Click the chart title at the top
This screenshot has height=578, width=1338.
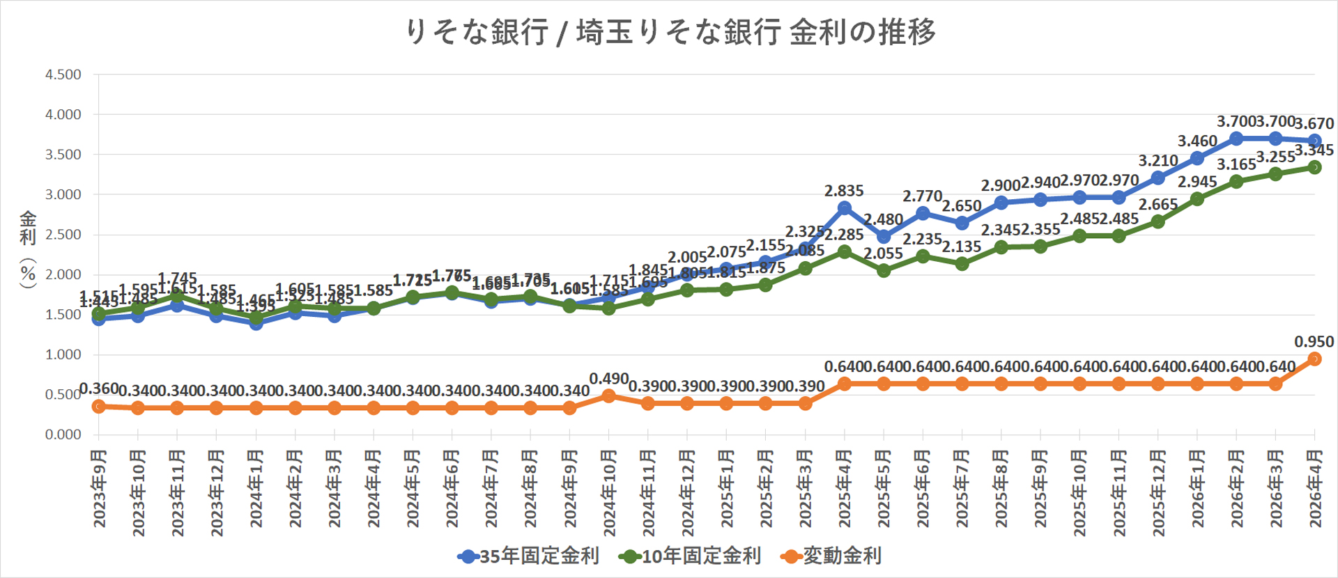[x=670, y=32]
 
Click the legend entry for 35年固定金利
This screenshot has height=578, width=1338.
[x=529, y=556]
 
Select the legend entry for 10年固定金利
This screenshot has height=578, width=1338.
[x=691, y=556]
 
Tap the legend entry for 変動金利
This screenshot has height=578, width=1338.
[x=832, y=556]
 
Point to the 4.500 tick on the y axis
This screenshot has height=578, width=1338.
[x=63, y=75]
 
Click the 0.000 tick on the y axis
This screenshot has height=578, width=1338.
[x=63, y=435]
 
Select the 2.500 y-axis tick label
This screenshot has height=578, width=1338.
[x=63, y=235]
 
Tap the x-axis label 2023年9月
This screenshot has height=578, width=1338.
[x=100, y=488]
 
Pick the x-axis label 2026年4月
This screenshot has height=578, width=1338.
[x=1315, y=488]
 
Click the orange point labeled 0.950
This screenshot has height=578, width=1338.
[x=1315, y=359]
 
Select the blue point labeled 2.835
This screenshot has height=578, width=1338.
[x=845, y=208]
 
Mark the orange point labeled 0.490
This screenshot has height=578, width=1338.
[x=609, y=396]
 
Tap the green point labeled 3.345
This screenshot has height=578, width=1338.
[x=1315, y=167]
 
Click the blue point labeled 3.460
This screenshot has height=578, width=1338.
[x=1197, y=158]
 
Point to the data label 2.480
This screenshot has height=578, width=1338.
[x=884, y=219]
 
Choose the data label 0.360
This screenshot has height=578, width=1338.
[x=100, y=389]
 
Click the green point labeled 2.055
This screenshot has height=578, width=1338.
[x=884, y=270]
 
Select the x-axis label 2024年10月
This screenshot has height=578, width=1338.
[x=609, y=493]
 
